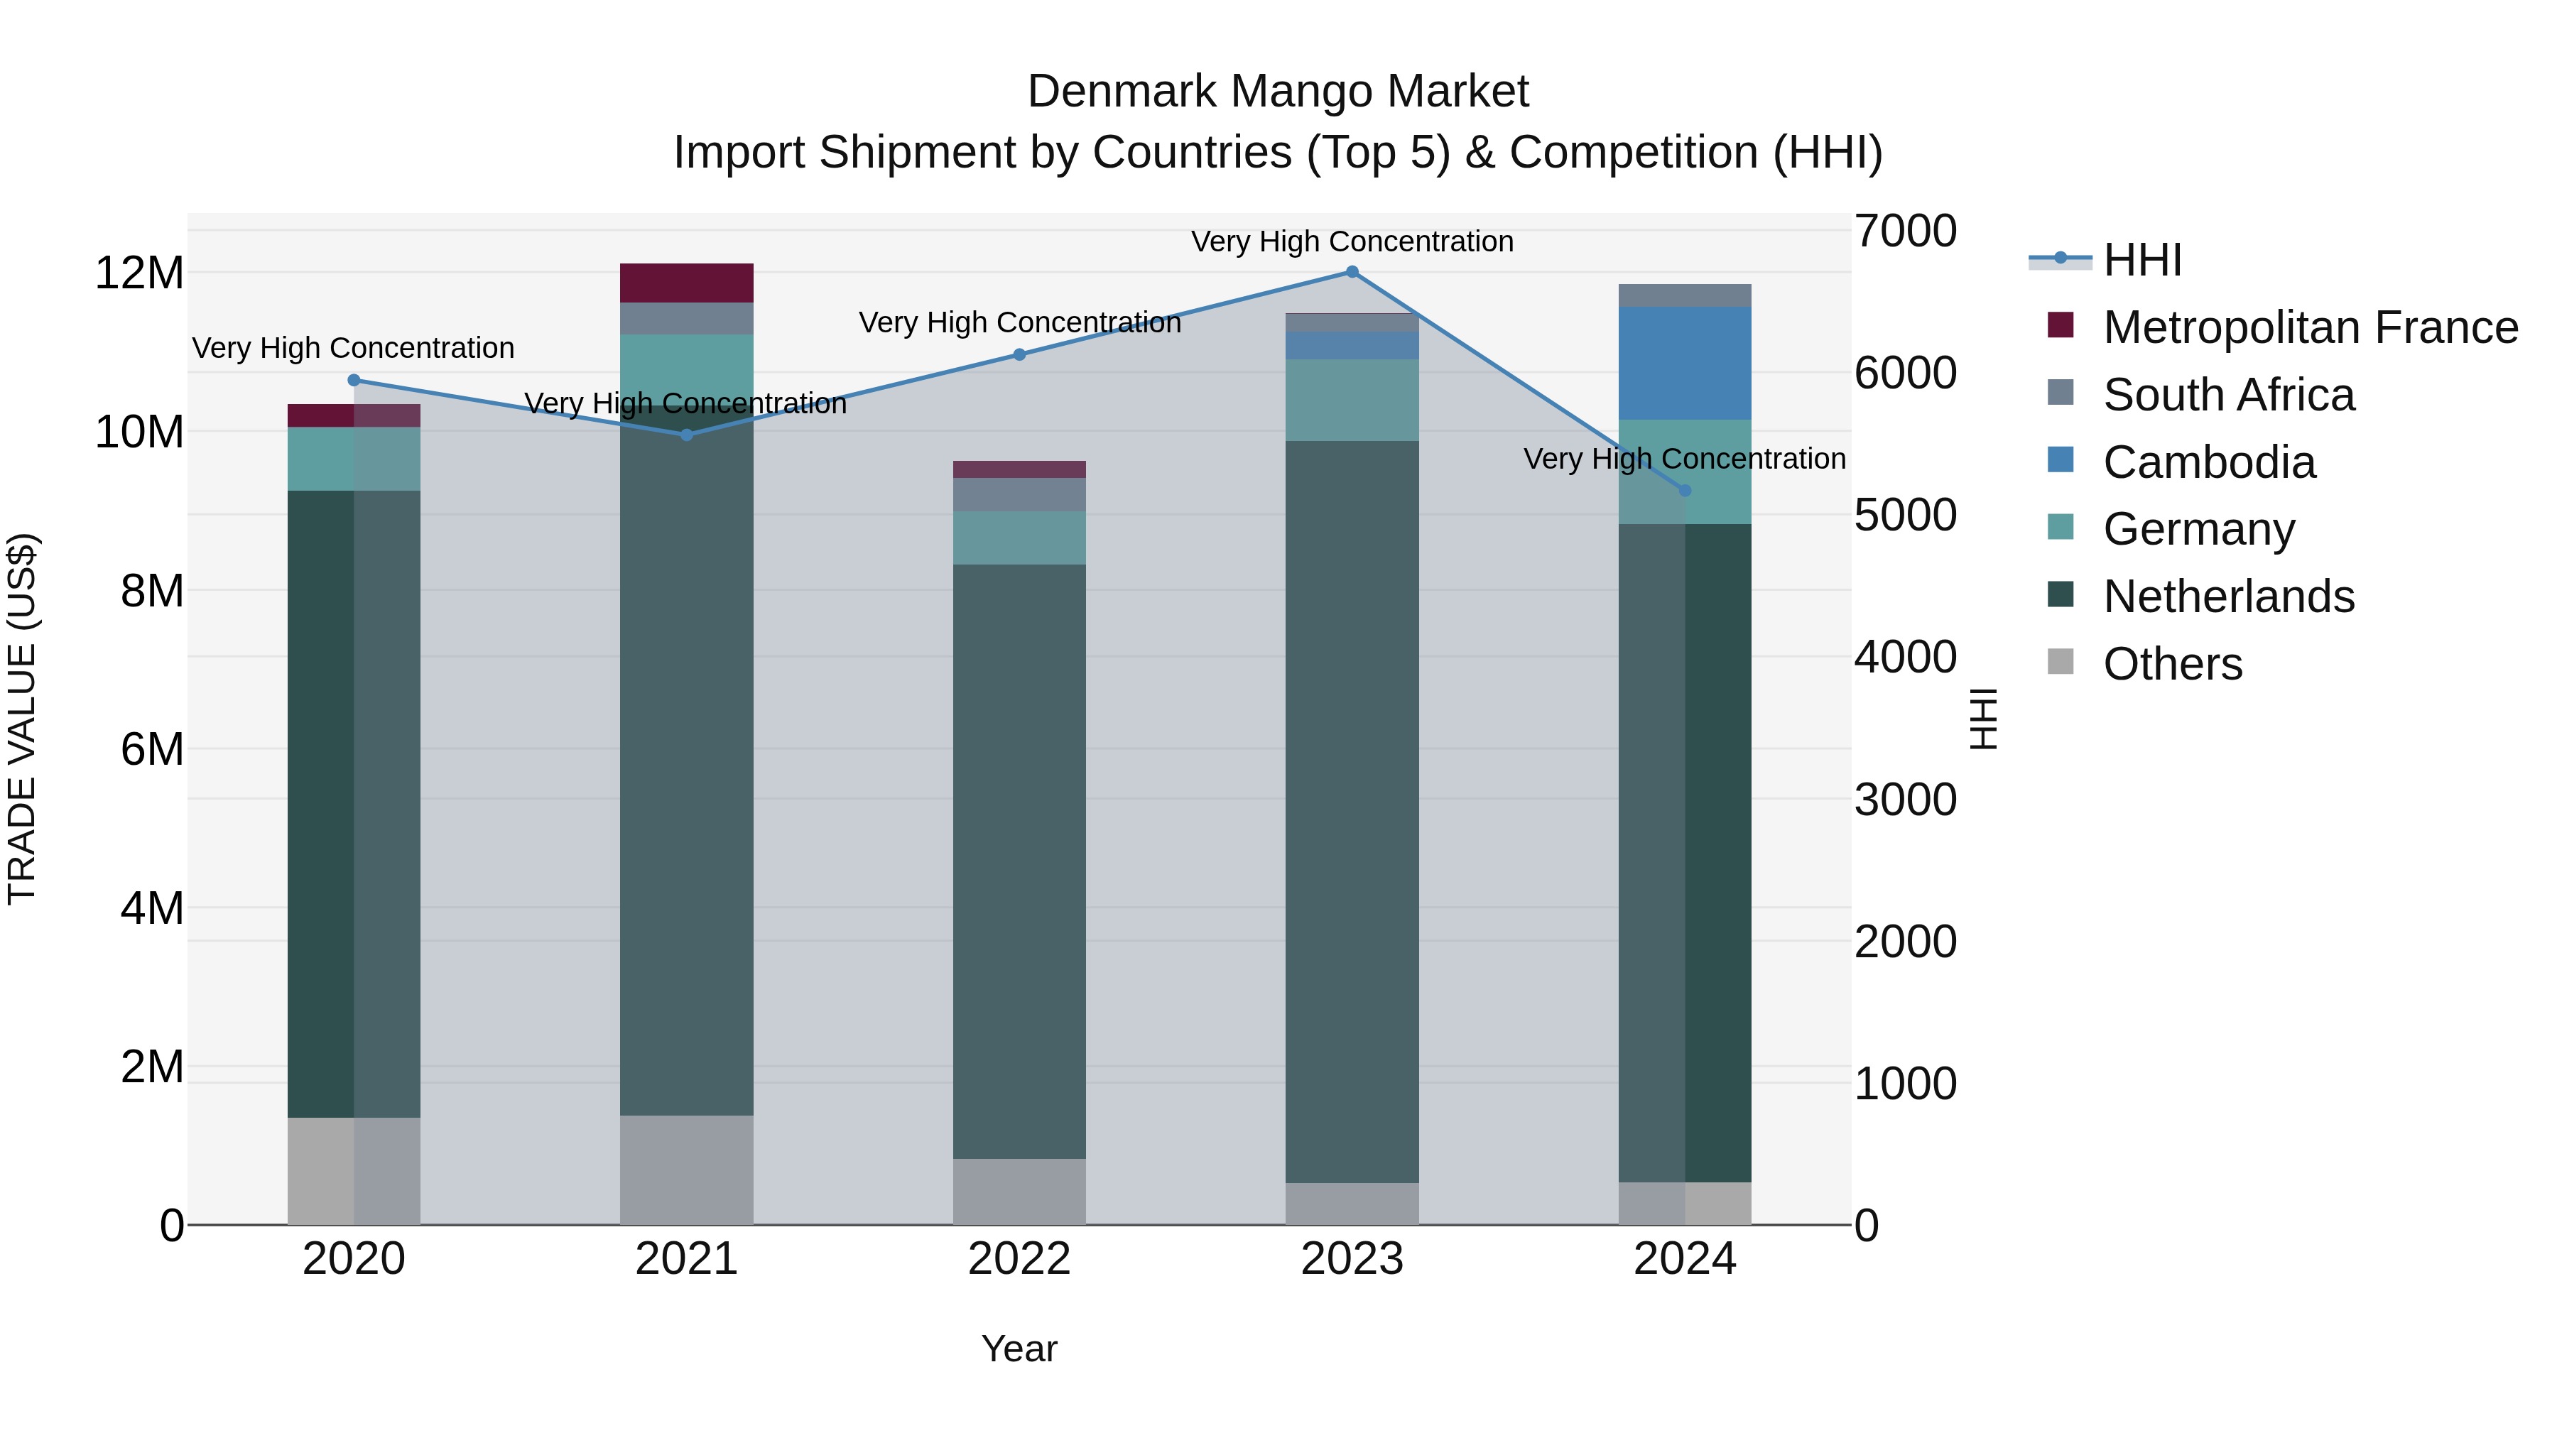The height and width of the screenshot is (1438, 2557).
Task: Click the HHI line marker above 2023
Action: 1352,272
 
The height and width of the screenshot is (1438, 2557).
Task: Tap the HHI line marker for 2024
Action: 1685,490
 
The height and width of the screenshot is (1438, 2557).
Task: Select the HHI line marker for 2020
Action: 354,380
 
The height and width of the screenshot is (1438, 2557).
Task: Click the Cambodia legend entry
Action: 2208,462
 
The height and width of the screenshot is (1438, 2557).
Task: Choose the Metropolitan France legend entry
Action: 2310,327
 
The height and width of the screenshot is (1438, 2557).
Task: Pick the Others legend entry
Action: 2172,664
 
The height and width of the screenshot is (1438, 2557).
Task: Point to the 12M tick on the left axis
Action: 139,273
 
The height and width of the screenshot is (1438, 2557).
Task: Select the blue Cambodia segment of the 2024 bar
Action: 1685,363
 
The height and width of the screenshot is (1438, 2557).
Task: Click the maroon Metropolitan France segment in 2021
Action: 687,283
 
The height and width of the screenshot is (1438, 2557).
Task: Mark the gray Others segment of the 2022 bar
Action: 1019,1191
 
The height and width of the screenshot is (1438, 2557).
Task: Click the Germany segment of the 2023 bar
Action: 1352,400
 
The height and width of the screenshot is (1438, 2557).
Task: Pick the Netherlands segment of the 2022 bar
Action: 1019,861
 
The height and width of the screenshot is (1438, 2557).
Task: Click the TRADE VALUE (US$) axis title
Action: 22,719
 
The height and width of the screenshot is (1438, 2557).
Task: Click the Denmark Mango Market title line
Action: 1278,92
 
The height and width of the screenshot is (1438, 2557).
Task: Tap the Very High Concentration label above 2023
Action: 1352,241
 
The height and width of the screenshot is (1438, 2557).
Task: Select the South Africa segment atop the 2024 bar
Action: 1685,295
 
